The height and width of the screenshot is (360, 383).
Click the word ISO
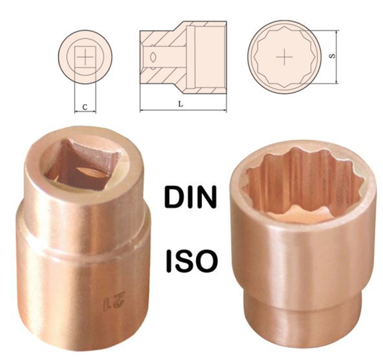(x=191, y=260)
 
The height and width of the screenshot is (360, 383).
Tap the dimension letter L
(x=181, y=105)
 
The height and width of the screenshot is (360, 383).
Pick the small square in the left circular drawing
(x=84, y=56)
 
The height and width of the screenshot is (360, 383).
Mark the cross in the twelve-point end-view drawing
(x=285, y=56)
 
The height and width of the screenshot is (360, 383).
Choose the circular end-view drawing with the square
(x=84, y=56)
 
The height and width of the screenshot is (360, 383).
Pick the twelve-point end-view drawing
(x=285, y=56)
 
